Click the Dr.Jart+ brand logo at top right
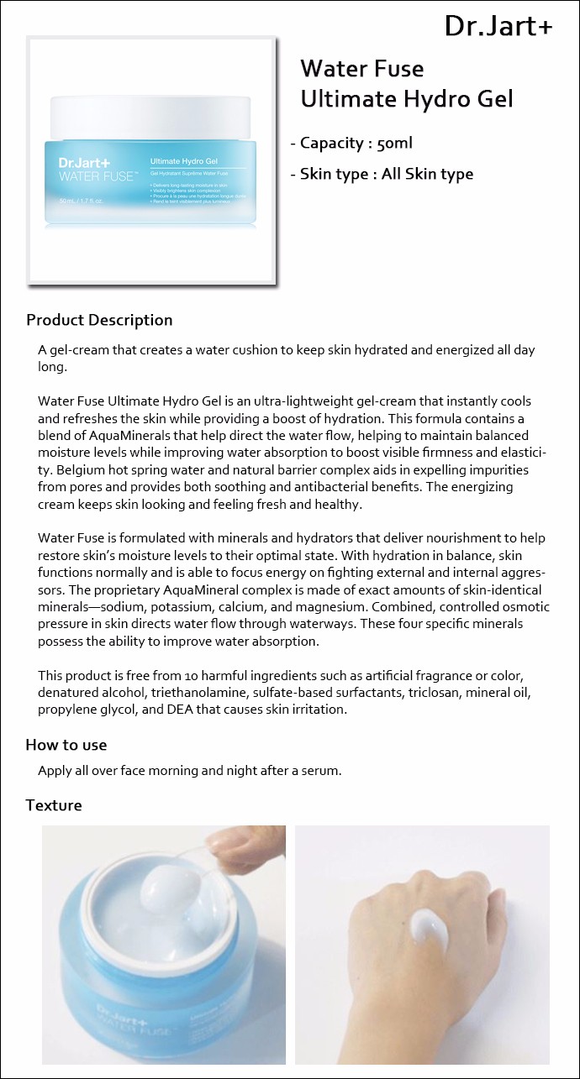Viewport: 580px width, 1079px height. point(498,27)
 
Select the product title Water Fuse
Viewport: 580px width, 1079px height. point(361,69)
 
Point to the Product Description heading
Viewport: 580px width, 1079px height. point(99,320)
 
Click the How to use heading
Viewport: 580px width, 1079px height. point(66,745)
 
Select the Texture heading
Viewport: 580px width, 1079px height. point(54,805)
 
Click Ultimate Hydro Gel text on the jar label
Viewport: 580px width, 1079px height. point(183,160)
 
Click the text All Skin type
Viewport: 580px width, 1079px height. point(427,175)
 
